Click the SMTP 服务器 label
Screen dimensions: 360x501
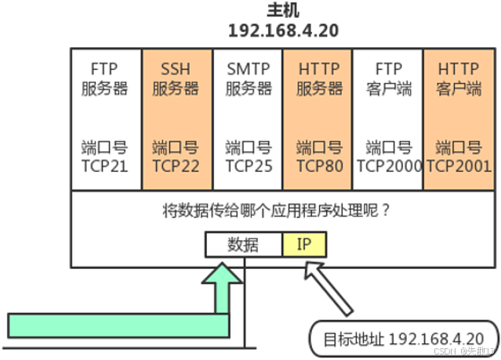(248, 78)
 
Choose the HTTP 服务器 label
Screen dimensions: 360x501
(319, 78)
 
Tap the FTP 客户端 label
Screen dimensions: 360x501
(389, 78)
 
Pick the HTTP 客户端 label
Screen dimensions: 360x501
(459, 78)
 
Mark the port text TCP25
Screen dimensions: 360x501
(248, 165)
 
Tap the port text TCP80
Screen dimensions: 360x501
(319, 165)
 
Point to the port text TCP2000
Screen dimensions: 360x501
(389, 165)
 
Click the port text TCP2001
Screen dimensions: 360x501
(459, 165)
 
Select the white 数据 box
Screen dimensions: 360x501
(244, 245)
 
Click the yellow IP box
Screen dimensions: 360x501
(304, 245)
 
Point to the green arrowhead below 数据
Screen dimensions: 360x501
(223, 276)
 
